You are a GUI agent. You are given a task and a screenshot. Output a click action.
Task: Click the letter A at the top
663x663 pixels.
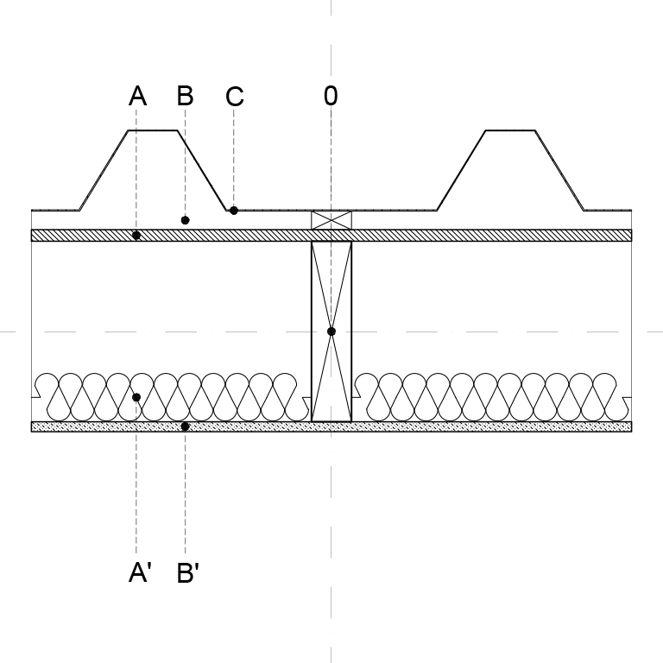pos(137,96)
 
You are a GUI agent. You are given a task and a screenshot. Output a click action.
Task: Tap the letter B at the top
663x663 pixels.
pos(186,96)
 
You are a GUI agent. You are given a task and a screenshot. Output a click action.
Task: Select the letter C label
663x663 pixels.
pos(235,97)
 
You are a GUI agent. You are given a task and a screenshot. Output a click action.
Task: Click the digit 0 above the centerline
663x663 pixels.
pos(331,96)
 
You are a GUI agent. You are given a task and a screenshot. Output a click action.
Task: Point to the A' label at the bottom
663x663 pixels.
pos(140,572)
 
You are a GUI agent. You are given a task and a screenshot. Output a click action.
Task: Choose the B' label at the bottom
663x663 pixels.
pos(187,572)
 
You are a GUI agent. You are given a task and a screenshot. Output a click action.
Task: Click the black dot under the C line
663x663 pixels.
pos(233,210)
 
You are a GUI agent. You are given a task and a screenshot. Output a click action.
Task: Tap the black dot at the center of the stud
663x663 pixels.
pos(331,331)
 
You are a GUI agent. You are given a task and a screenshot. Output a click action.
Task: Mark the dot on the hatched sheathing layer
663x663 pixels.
pos(136,236)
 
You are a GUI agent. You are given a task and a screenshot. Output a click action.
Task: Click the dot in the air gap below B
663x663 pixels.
pos(185,220)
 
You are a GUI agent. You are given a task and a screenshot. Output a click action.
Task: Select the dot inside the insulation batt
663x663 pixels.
pos(136,397)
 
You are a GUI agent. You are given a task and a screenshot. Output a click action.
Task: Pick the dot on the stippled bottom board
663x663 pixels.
pos(185,426)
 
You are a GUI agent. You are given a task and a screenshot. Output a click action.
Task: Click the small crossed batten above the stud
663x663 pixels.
pos(331,220)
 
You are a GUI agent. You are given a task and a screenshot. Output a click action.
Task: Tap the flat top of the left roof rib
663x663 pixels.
pos(153,130)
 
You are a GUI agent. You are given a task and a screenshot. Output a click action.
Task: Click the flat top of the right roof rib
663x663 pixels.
pos(510,130)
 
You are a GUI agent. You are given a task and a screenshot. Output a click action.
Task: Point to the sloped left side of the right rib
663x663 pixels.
pos(461,170)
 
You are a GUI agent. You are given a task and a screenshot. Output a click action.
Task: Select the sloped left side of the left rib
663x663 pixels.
pos(104,170)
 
